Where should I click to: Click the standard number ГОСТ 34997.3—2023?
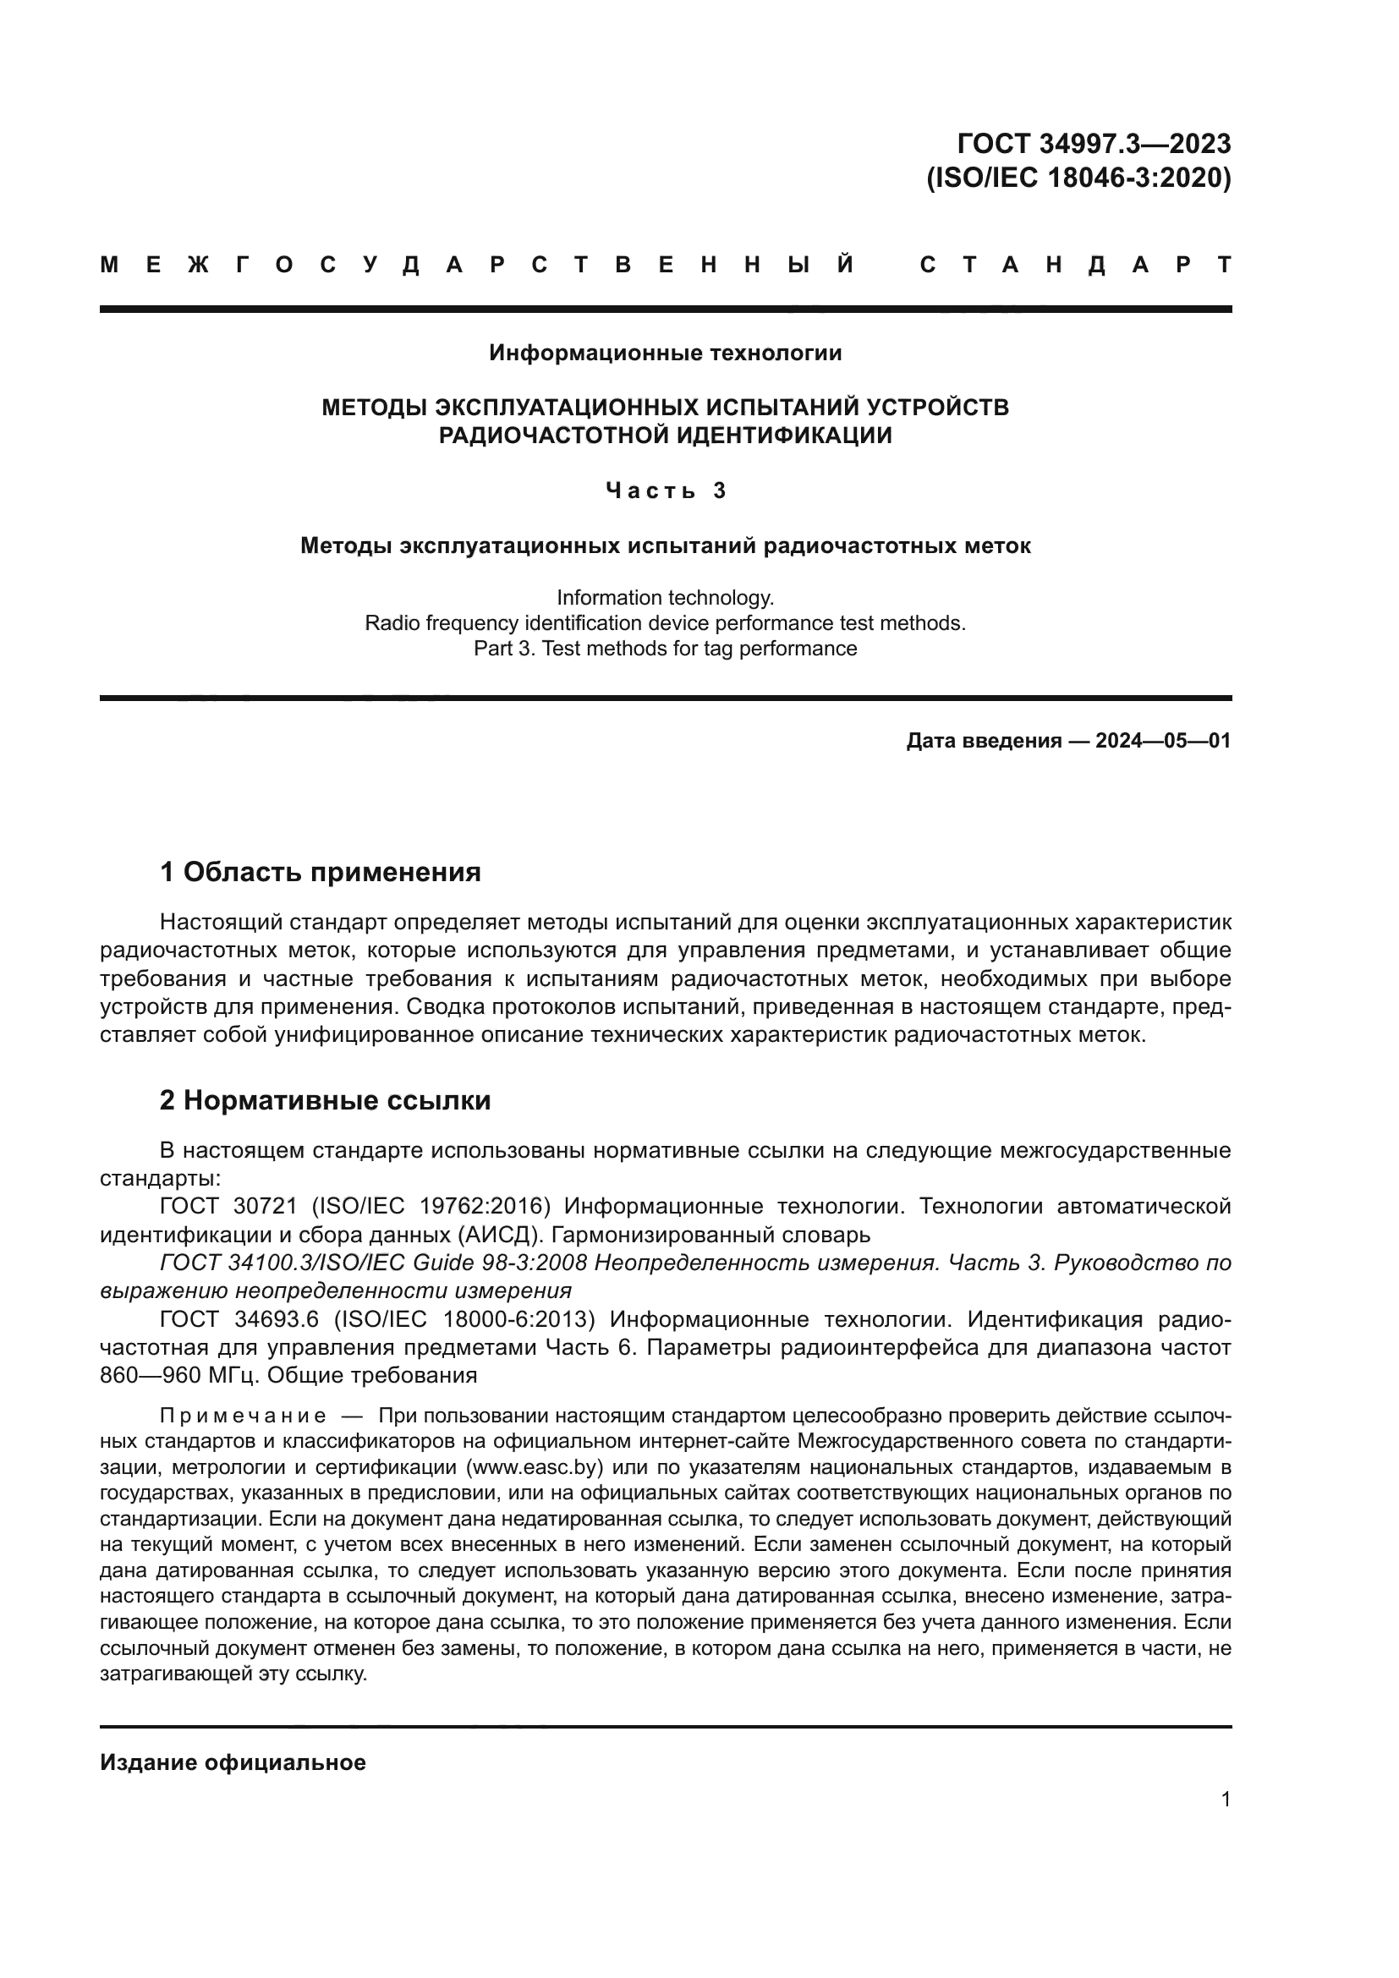pyautogui.click(x=1094, y=143)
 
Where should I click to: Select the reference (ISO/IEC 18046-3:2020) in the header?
pyautogui.click(x=1078, y=178)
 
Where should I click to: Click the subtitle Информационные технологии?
pyautogui.click(x=665, y=353)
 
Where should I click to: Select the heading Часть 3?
pyautogui.click(x=665, y=490)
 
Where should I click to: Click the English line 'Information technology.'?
pyautogui.click(x=665, y=597)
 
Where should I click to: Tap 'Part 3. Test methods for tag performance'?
pyautogui.click(x=665, y=648)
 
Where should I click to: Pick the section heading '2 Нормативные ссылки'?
pyautogui.click(x=325, y=1100)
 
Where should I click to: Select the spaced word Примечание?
pyautogui.click(x=243, y=1416)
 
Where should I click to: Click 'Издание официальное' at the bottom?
pyautogui.click(x=233, y=1762)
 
